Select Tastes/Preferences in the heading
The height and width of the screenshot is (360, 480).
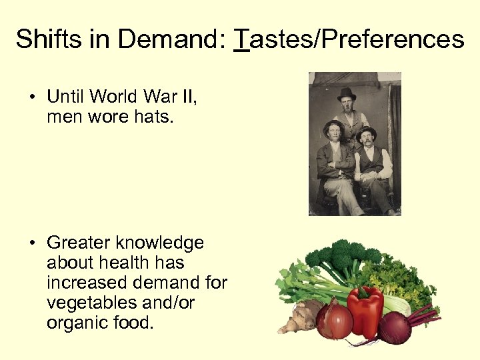[x=349, y=39]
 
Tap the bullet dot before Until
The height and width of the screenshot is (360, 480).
[x=32, y=98]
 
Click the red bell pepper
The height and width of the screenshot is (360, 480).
[x=365, y=311]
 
